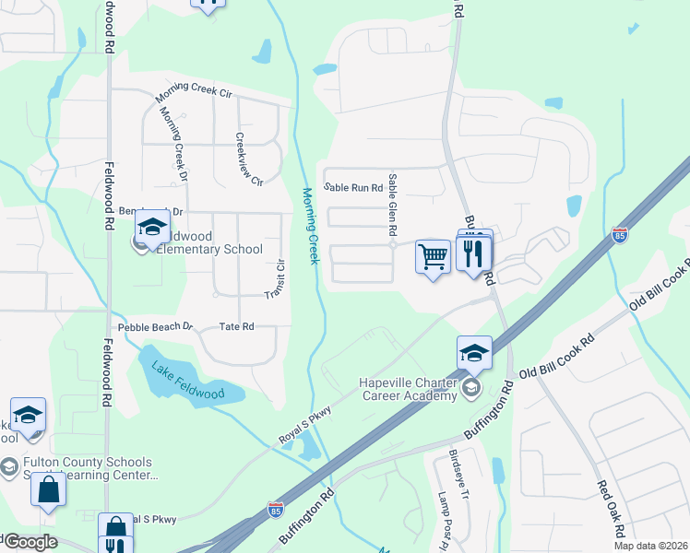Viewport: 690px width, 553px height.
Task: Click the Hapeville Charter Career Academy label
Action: pos(408,389)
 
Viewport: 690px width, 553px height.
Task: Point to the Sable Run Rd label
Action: pos(352,189)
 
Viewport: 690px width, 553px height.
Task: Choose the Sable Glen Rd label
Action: pos(393,205)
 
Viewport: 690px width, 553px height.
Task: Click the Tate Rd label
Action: pos(235,327)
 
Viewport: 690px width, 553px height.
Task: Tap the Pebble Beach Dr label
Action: pos(155,327)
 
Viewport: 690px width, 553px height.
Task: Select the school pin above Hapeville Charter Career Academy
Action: pos(473,351)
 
